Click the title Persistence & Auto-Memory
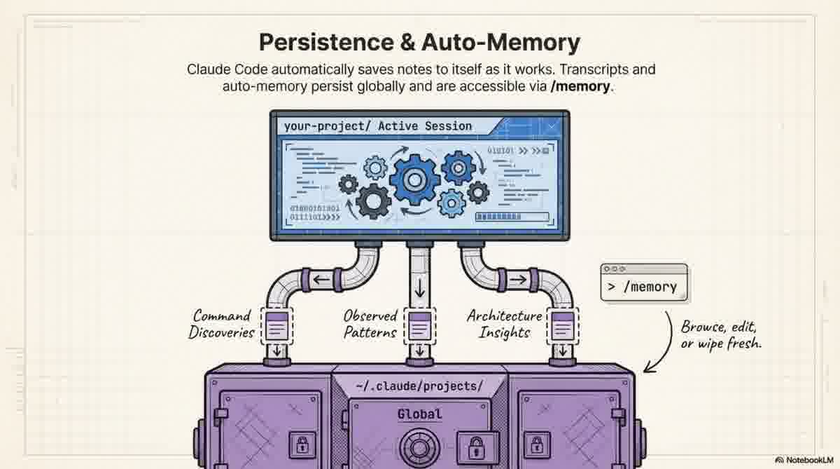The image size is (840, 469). coord(419,42)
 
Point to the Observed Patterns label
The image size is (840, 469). coord(371,324)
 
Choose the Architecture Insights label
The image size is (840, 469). coord(504,324)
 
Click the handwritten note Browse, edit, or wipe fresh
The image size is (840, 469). coord(721,335)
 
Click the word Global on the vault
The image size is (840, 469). coord(419,414)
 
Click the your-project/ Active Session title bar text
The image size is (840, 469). coord(378,126)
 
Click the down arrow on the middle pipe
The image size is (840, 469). coord(419,289)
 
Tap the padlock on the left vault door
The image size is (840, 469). coord(302,444)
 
